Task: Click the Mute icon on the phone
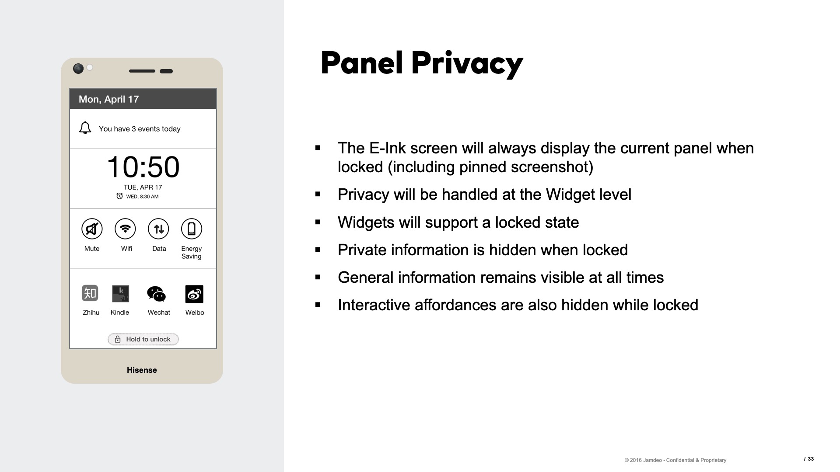pos(92,229)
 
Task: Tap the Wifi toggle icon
pos(125,229)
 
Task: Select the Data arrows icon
pos(158,229)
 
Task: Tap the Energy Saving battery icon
pos(192,229)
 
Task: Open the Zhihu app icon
pos(90,293)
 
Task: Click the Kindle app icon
pos(120,294)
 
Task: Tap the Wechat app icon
pos(156,294)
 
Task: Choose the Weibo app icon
pos(194,294)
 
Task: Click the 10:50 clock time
pos(143,167)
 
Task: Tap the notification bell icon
pos(85,128)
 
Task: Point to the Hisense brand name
pos(142,370)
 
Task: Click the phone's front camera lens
pos(78,69)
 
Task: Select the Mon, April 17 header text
pos(108,99)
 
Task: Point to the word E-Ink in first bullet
pos(387,148)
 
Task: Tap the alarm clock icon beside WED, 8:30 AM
pos(119,196)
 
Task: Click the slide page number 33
pos(811,459)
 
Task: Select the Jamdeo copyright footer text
pos(675,460)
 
